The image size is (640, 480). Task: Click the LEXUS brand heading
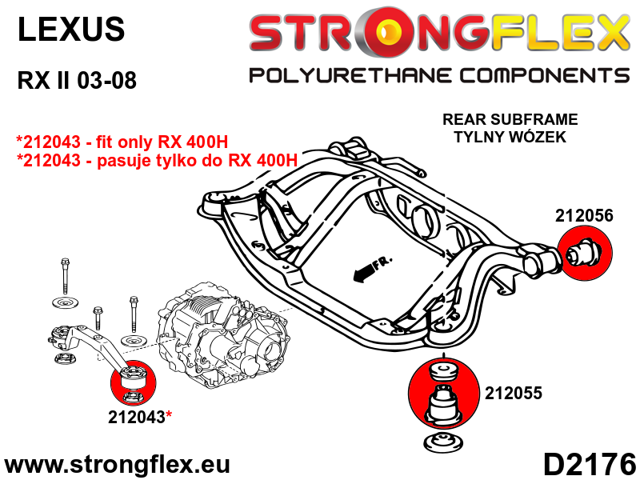[x=71, y=29]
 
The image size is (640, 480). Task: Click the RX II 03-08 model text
[x=77, y=80]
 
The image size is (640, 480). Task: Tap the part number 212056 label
[x=584, y=215]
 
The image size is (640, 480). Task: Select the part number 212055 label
[x=514, y=393]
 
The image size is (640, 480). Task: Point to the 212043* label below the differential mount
[x=140, y=417]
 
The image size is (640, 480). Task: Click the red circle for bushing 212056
[x=585, y=253]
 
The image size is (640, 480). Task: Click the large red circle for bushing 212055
[x=444, y=393]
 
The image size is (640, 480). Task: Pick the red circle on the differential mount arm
[x=134, y=384]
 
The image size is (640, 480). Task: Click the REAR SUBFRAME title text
[x=510, y=119]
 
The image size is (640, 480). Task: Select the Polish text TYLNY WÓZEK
[x=510, y=137]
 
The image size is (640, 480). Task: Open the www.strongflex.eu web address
[x=117, y=464]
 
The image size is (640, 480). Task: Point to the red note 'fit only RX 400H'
[x=122, y=142]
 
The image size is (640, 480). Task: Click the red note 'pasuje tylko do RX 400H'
[x=157, y=160]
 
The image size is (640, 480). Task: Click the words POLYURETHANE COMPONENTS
[x=439, y=76]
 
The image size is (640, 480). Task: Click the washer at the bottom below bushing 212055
[x=443, y=443]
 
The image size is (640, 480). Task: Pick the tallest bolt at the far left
[x=65, y=276]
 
